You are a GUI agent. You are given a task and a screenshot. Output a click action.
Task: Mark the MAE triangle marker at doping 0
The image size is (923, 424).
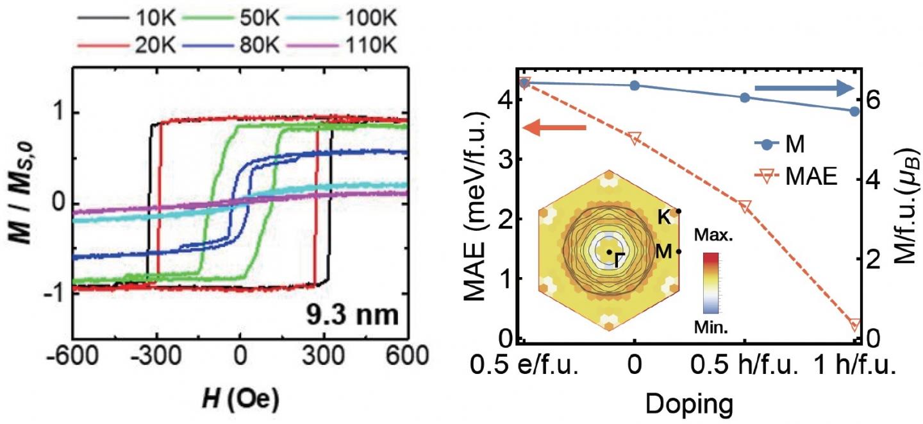[635, 138]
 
